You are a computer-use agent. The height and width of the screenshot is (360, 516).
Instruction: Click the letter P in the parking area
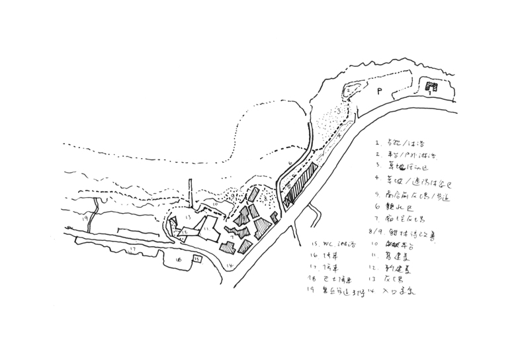point(380,91)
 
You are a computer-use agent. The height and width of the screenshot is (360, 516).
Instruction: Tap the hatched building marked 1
point(431,87)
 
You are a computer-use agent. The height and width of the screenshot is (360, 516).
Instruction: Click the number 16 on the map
point(179,259)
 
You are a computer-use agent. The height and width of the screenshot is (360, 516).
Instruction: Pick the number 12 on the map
point(187,232)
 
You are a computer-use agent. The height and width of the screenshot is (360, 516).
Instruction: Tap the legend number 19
point(310,289)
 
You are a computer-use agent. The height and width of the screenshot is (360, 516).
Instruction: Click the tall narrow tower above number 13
point(191,193)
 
